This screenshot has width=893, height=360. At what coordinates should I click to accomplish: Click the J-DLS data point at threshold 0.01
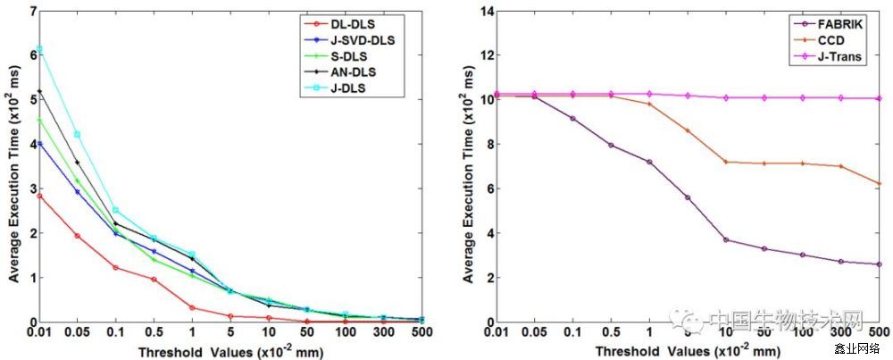pos(39,48)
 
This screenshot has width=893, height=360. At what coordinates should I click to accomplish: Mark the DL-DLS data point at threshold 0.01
pos(39,195)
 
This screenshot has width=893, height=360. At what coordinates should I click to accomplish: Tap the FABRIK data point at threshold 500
pos(880,264)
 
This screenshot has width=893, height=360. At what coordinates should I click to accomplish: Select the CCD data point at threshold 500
pos(880,184)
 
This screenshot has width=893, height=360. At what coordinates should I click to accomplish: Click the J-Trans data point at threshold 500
pos(880,98)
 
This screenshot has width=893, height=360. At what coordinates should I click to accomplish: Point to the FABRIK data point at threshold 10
pos(726,239)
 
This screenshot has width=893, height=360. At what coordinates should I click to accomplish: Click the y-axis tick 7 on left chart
pos(32,12)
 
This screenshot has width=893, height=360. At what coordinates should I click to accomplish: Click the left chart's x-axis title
pos(230,351)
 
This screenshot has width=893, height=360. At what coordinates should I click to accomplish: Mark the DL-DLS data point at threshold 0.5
pos(154,280)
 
